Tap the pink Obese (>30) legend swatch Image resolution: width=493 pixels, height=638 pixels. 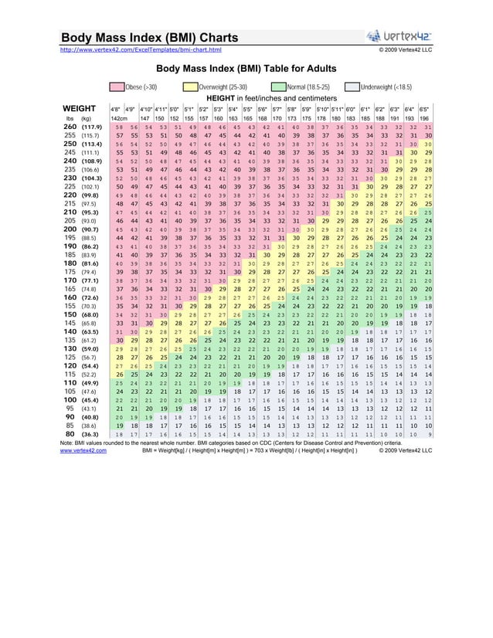coord(117,88)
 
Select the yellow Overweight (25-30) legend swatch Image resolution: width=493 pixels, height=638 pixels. coord(191,88)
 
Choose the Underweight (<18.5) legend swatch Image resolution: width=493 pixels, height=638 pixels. coord(352,88)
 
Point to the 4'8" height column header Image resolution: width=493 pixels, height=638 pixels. coord(116,110)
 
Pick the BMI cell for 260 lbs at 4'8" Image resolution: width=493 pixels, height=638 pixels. coord(117,126)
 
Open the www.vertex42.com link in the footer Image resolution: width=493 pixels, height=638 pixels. coord(83,450)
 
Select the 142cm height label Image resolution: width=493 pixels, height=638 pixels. coord(118,117)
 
